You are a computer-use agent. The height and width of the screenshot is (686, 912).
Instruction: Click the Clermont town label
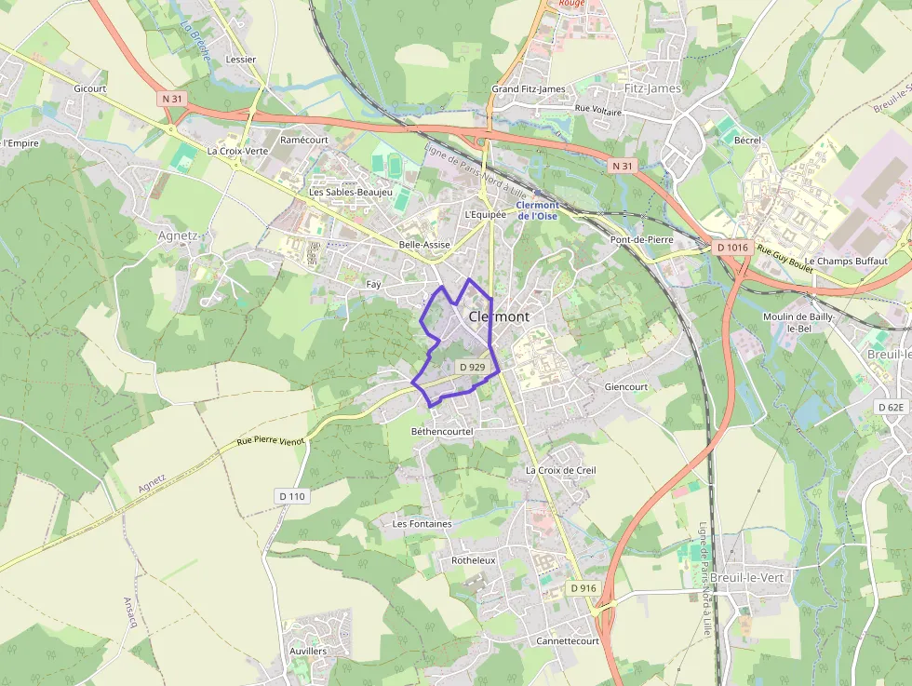coord(499,316)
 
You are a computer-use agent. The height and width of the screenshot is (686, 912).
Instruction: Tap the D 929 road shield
coord(473,367)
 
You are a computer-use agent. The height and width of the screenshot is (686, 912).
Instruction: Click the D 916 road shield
coord(582,588)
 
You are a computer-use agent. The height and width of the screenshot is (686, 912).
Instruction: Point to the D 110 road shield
coord(291,496)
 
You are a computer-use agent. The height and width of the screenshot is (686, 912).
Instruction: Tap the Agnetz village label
coord(179,235)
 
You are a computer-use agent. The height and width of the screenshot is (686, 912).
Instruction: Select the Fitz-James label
coord(652,88)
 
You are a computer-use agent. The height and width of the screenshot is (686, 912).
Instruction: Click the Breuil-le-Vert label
coord(746,577)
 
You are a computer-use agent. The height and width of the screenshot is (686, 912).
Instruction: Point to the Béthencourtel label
coord(442,432)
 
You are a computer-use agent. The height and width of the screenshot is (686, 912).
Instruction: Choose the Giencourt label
coord(625,386)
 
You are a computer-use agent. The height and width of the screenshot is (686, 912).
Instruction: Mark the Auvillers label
coord(308,651)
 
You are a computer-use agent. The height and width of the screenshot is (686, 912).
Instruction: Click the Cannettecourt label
coord(567,641)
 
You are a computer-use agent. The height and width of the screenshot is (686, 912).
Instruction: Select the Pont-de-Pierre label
coord(641,239)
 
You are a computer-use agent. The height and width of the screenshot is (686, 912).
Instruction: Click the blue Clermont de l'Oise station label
coord(538,210)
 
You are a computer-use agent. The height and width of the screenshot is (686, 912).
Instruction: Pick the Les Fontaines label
coord(422,524)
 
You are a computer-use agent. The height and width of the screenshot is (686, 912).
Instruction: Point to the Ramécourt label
coord(304,140)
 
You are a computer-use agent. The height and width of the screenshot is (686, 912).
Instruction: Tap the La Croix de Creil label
coord(560,470)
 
